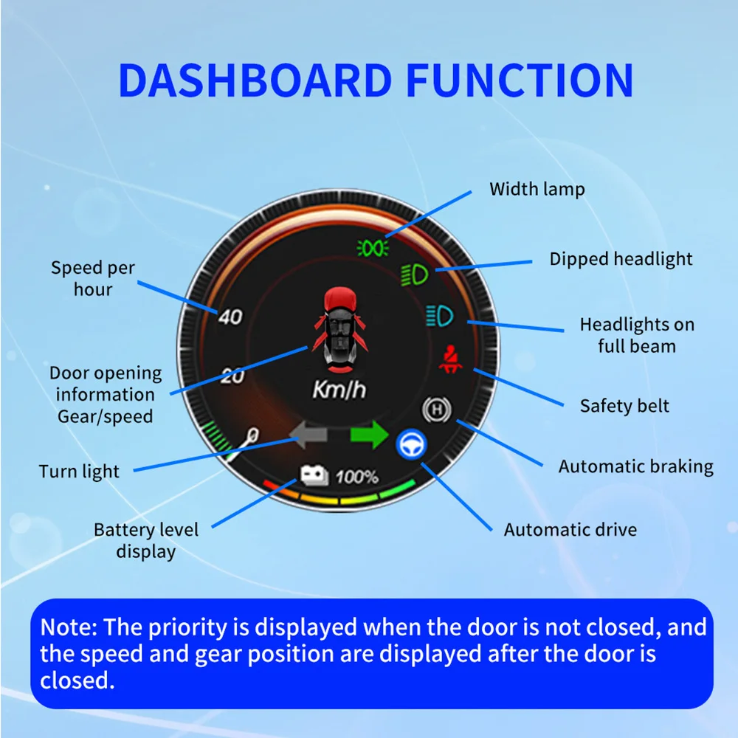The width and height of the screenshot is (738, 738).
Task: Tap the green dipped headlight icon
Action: pos(415,276)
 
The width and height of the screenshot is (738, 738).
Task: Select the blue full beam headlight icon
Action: pos(440,317)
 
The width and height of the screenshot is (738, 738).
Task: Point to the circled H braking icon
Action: pos(434,407)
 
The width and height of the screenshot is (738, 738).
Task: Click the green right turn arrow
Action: pos(368,435)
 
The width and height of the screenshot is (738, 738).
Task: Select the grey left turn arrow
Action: pos(309,435)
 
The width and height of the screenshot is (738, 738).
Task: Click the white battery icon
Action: pos(314,476)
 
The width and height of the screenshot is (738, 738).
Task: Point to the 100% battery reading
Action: pos(356,477)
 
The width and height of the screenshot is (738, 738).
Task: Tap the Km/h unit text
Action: pos(339,390)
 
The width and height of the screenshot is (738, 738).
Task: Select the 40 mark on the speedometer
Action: pos(230,317)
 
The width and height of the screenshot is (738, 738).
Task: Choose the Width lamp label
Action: pos(537,189)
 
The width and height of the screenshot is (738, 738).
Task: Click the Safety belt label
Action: pos(624,406)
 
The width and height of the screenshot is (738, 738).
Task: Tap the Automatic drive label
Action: pos(570,529)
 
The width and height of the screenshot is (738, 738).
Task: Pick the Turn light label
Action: pos(79,471)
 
